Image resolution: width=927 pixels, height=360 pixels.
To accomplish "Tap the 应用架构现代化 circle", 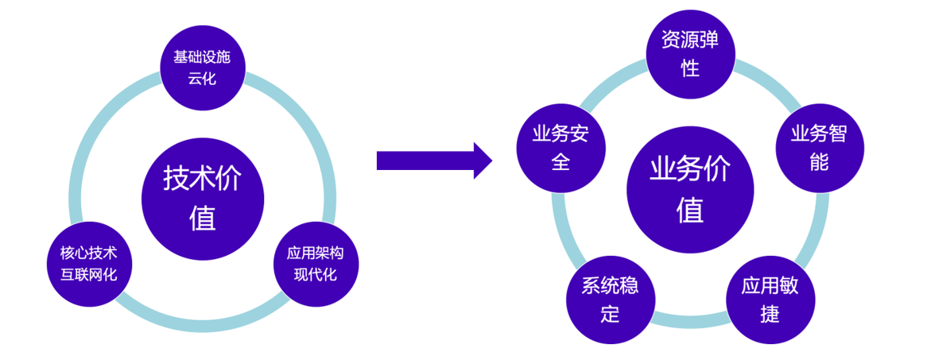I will click(x=316, y=264).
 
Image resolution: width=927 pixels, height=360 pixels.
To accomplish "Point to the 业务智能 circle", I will click(x=819, y=148).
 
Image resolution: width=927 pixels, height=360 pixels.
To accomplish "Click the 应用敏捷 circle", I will click(x=770, y=299).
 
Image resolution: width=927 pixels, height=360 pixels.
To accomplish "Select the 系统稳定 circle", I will click(x=610, y=299).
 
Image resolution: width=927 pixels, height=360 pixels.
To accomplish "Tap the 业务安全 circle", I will click(x=560, y=148).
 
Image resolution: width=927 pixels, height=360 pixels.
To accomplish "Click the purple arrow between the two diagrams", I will click(x=433, y=161).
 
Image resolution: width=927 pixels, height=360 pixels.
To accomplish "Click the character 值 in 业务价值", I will click(x=689, y=210).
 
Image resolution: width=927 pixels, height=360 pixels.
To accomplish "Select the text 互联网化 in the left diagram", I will click(x=89, y=275).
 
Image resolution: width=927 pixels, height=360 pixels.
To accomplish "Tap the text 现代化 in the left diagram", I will click(x=316, y=275).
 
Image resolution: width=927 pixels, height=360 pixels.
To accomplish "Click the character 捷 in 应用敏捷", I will click(x=770, y=313).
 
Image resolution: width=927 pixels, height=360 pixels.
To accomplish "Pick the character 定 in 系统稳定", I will click(x=610, y=313).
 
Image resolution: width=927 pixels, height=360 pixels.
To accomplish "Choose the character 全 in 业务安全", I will click(x=560, y=162).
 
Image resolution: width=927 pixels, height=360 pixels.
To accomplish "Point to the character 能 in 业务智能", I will click(x=819, y=162).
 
